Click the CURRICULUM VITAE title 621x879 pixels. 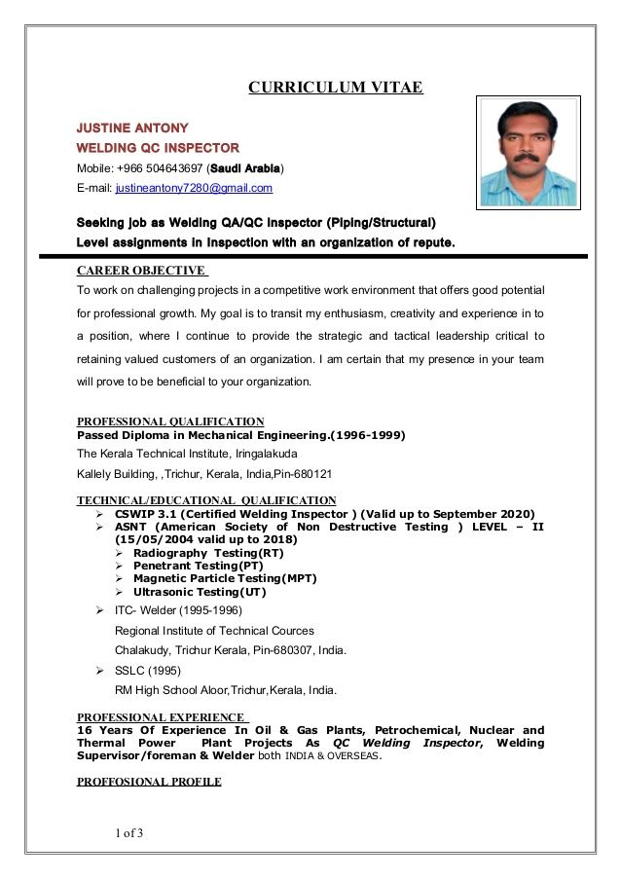(335, 88)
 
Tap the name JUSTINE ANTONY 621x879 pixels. (132, 128)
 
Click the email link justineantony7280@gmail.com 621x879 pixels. (194, 188)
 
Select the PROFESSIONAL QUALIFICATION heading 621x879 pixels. (170, 421)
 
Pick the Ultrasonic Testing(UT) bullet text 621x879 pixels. (200, 592)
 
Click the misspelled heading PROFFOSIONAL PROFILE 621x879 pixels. (149, 782)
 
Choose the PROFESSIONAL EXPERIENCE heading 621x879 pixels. (161, 717)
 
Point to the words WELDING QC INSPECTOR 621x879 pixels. (158, 148)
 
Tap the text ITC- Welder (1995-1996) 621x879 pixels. (171, 610)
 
